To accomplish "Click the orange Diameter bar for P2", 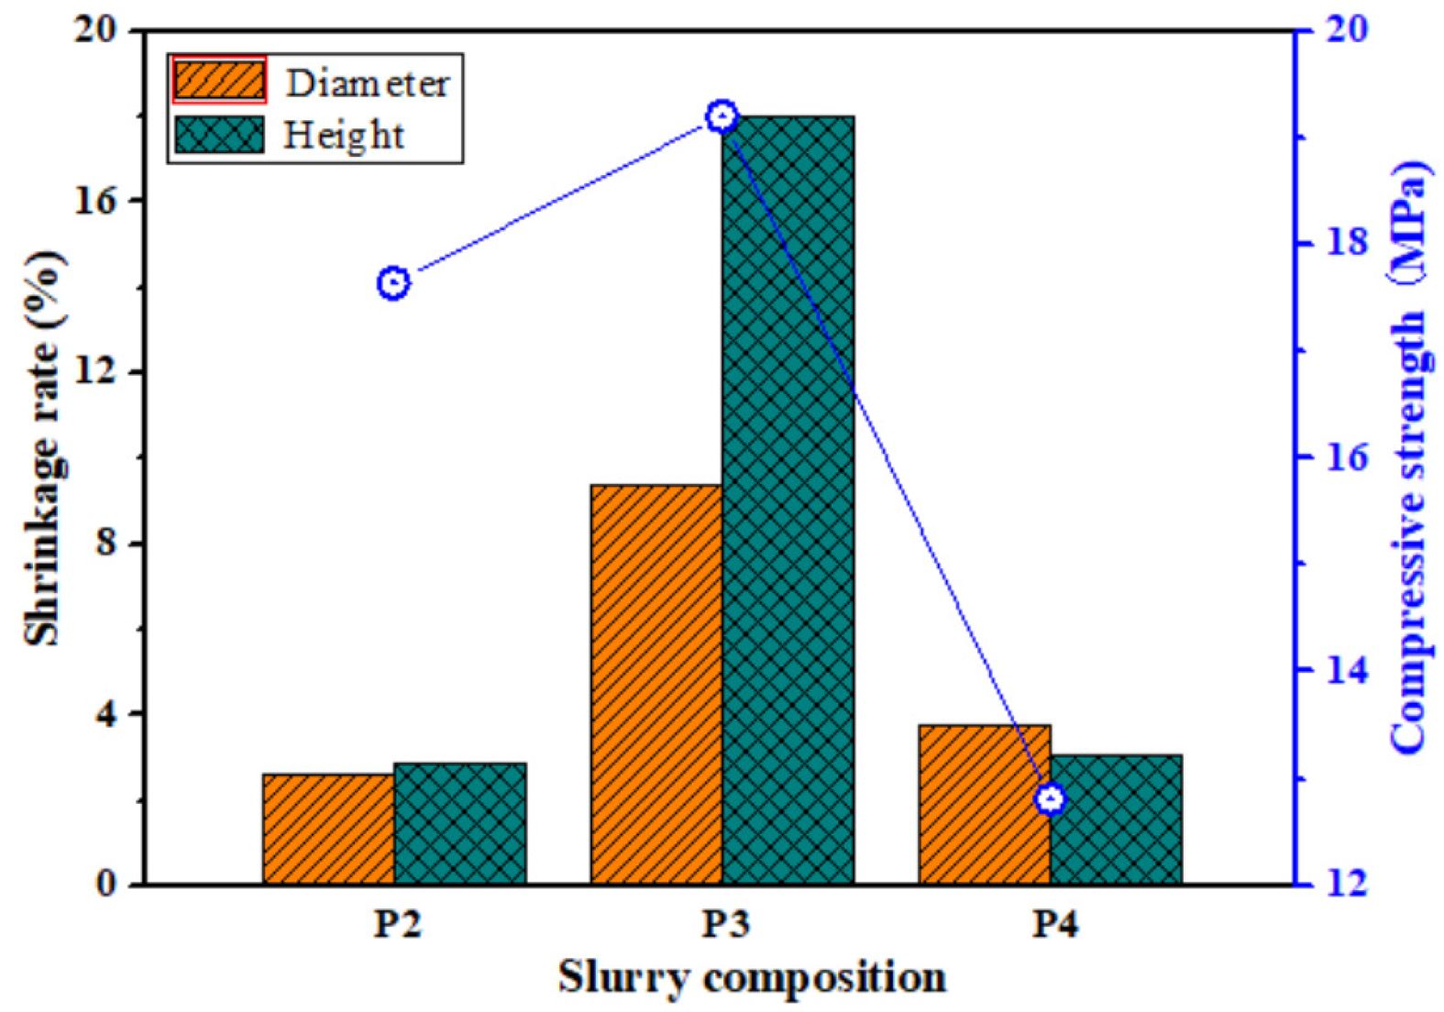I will [x=328, y=829].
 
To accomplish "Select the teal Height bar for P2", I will [x=460, y=823].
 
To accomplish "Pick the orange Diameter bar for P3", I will [x=656, y=684].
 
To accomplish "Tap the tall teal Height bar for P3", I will [x=788, y=500].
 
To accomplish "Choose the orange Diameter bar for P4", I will [x=984, y=804].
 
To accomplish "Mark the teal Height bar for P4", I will [x=1117, y=819].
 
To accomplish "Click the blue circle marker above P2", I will [x=393, y=283].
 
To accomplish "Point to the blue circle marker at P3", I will [x=722, y=116].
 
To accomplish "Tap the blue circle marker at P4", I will [x=1051, y=799].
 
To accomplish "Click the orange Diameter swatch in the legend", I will [x=220, y=81].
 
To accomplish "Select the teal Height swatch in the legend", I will [x=220, y=134].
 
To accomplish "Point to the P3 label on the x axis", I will [x=724, y=923].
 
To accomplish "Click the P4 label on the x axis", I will [x=1053, y=923].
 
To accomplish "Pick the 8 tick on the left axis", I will [x=107, y=543].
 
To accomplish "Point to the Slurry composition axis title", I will [x=752, y=978].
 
